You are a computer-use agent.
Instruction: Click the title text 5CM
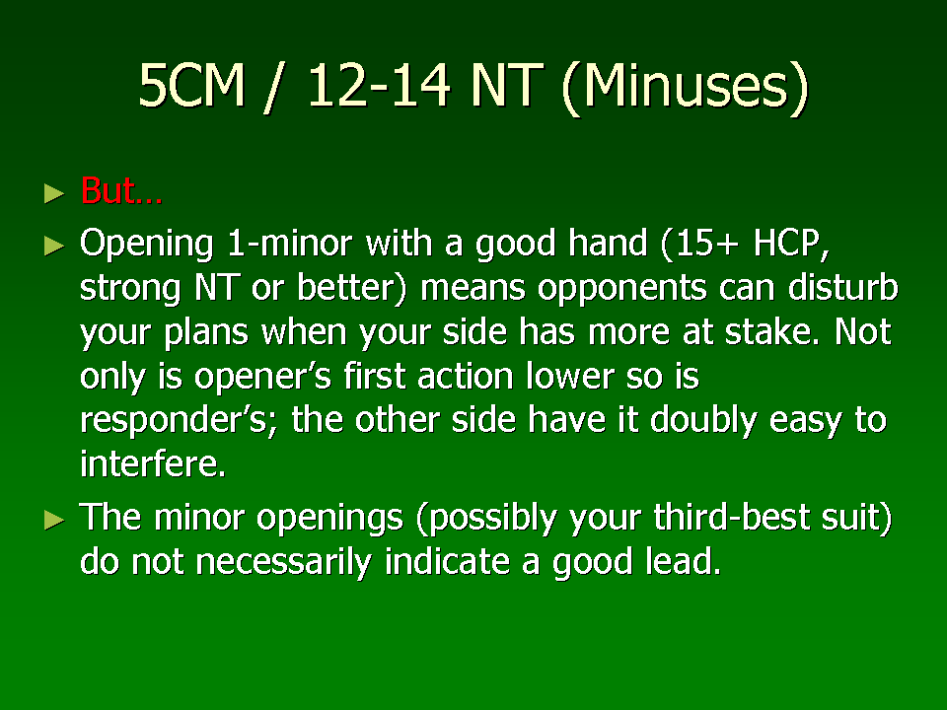(x=191, y=85)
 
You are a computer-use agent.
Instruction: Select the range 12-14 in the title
(x=379, y=85)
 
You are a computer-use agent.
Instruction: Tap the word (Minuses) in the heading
(x=685, y=88)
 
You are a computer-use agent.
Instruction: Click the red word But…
(x=121, y=190)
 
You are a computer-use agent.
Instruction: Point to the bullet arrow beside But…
(x=54, y=193)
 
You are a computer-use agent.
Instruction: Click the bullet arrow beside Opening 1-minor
(x=54, y=246)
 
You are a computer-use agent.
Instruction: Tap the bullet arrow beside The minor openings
(x=54, y=520)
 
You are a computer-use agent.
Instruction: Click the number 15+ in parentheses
(x=700, y=245)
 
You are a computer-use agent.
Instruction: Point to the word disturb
(x=843, y=287)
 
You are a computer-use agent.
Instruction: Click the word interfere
(x=153, y=463)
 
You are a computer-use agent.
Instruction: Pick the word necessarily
(x=284, y=563)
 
